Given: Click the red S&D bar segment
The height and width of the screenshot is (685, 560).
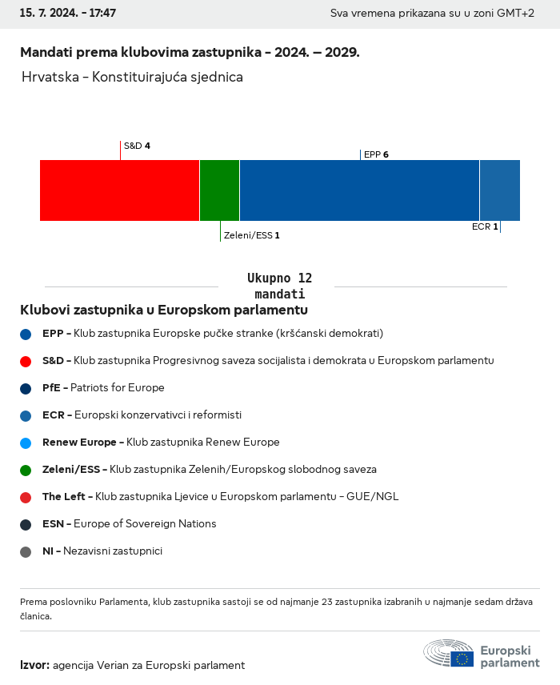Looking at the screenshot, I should [x=119, y=190].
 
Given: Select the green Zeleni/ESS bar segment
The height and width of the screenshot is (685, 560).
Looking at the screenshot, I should [x=219, y=190].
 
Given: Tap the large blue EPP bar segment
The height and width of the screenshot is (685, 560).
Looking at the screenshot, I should [x=359, y=190].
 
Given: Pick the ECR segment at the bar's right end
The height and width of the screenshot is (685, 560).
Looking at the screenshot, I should [x=500, y=190].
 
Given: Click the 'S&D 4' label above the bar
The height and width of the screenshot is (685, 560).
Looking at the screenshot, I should [x=137, y=146].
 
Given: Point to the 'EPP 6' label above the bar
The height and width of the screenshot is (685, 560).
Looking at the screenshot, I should [x=376, y=154].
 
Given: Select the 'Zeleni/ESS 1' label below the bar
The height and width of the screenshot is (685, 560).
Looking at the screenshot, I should [x=252, y=235].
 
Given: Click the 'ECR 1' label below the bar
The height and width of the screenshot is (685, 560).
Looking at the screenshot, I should [x=485, y=226].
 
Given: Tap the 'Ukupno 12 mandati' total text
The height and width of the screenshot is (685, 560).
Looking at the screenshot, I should [x=279, y=286].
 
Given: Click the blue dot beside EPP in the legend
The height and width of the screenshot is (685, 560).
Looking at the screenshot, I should [x=26, y=334].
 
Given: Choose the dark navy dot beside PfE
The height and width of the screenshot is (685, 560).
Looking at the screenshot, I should [x=26, y=388].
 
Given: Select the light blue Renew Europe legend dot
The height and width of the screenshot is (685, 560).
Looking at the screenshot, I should [x=26, y=443].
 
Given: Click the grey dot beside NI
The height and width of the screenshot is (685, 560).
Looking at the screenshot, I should [x=26, y=551].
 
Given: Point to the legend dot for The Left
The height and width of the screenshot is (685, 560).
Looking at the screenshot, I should [x=26, y=497].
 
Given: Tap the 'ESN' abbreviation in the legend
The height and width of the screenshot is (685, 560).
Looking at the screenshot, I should [x=53, y=524].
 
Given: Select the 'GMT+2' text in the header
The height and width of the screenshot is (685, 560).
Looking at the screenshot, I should [x=517, y=14].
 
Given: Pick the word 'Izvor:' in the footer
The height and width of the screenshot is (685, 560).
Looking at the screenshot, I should [x=35, y=665].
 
